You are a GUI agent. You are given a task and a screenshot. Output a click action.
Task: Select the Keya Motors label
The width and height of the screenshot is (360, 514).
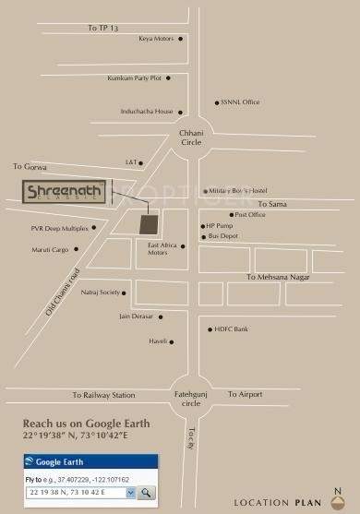[156, 39]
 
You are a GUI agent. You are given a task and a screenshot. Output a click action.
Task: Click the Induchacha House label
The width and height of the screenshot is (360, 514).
[147, 112]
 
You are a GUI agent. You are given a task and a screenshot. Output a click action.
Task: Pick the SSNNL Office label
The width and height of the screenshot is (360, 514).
[237, 102]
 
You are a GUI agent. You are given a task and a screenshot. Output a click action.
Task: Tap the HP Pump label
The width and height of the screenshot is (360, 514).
[220, 225]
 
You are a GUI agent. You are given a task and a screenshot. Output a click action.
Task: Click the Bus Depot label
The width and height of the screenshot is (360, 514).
[223, 236]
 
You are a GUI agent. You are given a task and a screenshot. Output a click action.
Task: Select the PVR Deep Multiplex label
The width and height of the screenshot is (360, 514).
[59, 228]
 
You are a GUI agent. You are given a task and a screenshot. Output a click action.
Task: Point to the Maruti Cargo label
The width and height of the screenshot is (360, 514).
[51, 248]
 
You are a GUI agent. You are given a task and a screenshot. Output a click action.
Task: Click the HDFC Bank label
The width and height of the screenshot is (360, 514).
[232, 329]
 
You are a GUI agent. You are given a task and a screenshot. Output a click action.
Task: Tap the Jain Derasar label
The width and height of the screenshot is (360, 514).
[137, 317]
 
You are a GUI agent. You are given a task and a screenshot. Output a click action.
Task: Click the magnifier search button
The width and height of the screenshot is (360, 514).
[147, 493]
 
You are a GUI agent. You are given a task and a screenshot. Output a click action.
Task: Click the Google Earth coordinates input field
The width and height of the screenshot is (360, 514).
[74, 493]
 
